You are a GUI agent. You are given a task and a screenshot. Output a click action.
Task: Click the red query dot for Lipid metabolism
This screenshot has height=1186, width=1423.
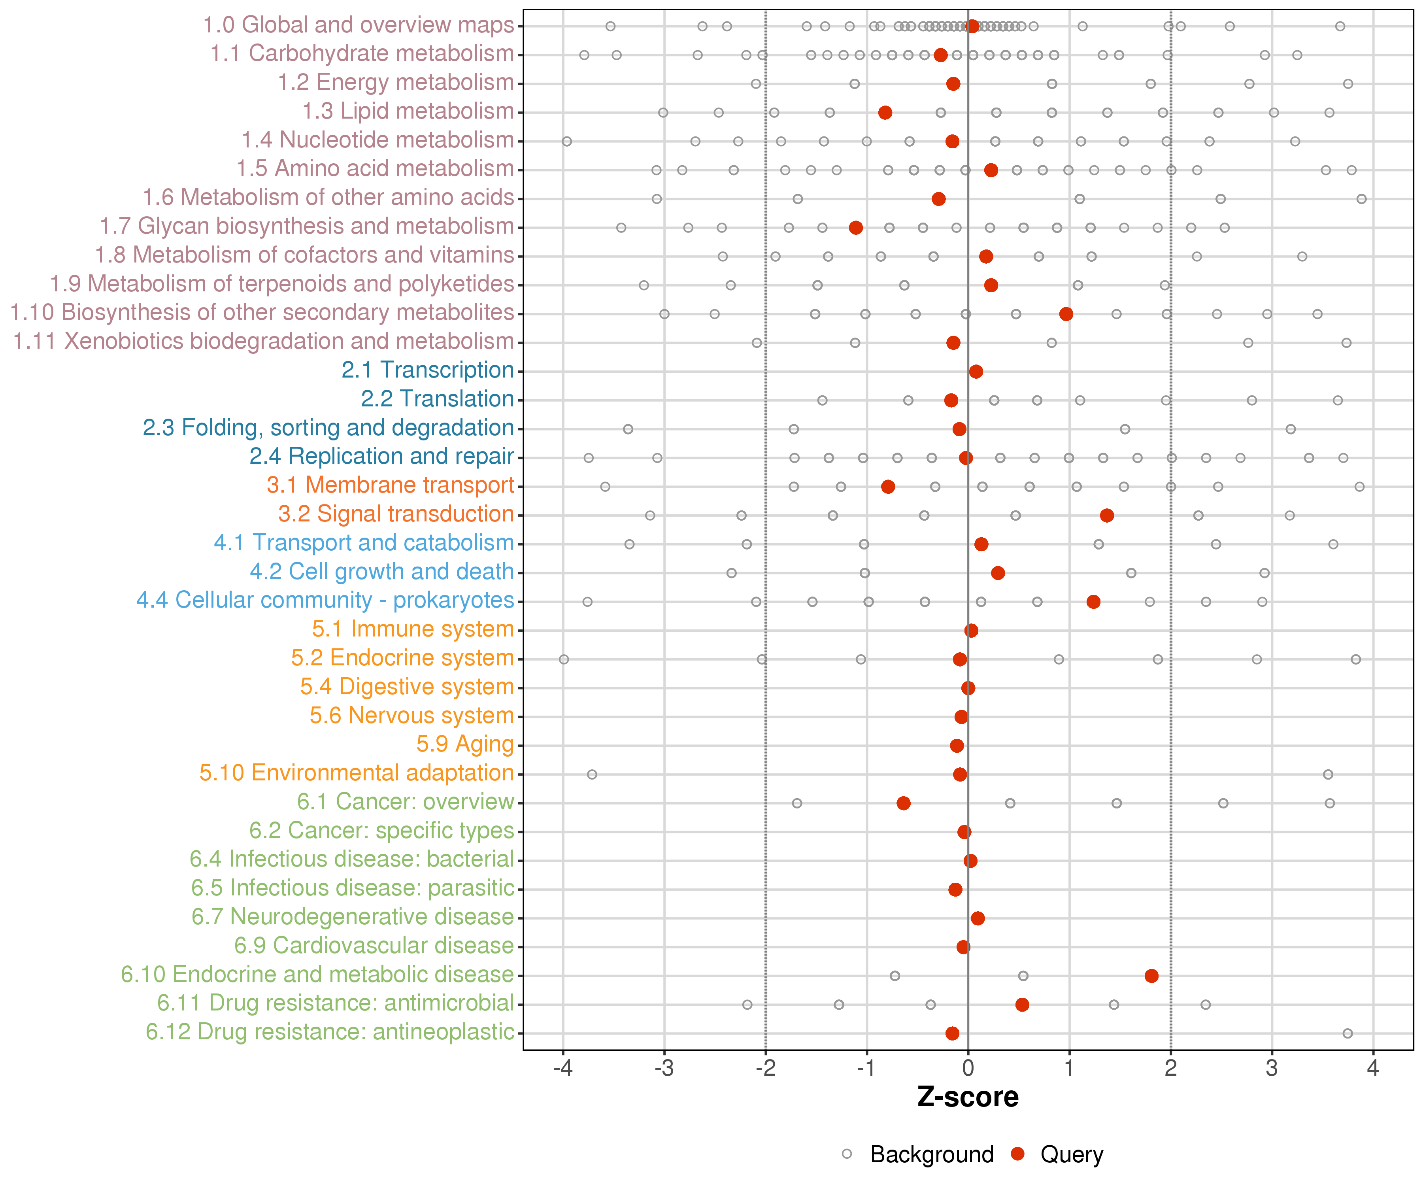pyautogui.click(x=885, y=113)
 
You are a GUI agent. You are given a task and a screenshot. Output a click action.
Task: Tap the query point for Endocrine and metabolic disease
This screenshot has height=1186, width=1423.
pyautogui.click(x=1151, y=976)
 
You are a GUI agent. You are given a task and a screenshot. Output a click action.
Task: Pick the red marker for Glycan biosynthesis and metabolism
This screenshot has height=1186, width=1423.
pyautogui.click(x=856, y=228)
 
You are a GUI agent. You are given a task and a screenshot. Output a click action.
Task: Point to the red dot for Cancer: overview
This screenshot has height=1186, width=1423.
pyautogui.click(x=903, y=803)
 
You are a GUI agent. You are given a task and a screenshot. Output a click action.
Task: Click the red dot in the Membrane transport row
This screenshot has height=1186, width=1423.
pyautogui.click(x=888, y=487)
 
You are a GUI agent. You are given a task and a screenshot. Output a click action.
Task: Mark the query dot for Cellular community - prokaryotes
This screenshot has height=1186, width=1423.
pyautogui.click(x=1093, y=602)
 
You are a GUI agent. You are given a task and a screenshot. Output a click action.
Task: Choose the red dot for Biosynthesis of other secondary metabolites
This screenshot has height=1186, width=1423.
pyautogui.click(x=1066, y=314)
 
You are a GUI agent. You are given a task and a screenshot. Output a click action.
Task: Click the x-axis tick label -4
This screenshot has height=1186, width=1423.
pyautogui.click(x=562, y=1069)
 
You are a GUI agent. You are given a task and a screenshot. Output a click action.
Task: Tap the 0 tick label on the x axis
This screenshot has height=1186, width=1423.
pyautogui.click(x=968, y=1069)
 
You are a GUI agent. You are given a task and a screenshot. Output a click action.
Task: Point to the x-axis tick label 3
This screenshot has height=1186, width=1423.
pyautogui.click(x=1272, y=1069)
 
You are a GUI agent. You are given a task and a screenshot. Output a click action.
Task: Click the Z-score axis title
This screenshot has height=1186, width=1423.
pyautogui.click(x=968, y=1097)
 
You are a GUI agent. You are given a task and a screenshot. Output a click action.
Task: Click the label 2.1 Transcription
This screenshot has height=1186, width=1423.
pyautogui.click(x=428, y=370)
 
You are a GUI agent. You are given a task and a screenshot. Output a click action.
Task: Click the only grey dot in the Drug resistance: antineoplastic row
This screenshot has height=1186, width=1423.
pyautogui.click(x=1347, y=1033)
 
